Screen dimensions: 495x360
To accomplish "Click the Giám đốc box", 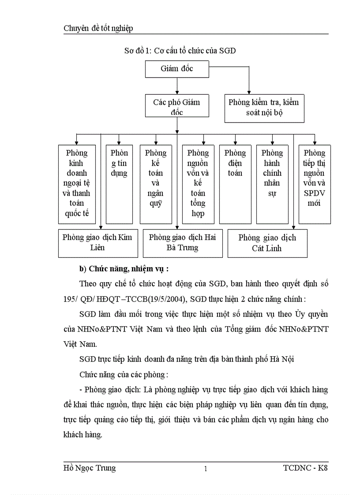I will pyautogui.click(x=177, y=69).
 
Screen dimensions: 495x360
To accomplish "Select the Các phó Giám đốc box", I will pyautogui.click(x=177, y=107).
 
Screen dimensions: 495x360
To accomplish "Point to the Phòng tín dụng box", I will pyautogui.click(x=119, y=184).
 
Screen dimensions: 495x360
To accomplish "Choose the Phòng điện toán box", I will pyautogui.click(x=235, y=184).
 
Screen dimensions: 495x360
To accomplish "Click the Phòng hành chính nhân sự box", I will pyautogui.click(x=272, y=184).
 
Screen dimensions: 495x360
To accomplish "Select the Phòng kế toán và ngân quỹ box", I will pyautogui.click(x=156, y=184).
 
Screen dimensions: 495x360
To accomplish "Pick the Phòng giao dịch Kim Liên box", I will pyautogui.click(x=97, y=243).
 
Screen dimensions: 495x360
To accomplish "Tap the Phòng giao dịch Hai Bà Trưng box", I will pyautogui.click(x=182, y=243).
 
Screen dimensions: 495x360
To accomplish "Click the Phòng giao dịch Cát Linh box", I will pyautogui.click(x=267, y=243).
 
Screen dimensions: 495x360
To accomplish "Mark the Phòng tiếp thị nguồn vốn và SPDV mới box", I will pyautogui.click(x=315, y=184).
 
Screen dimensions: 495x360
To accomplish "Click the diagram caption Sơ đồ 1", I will pyautogui.click(x=180, y=51).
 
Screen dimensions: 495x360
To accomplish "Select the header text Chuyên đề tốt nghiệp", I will pyautogui.click(x=98, y=29).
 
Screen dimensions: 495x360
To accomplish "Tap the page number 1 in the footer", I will pyautogui.click(x=206, y=469).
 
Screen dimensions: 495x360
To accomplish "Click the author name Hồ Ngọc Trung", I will pyautogui.click(x=90, y=468).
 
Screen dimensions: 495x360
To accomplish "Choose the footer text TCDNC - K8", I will pyautogui.click(x=306, y=468).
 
